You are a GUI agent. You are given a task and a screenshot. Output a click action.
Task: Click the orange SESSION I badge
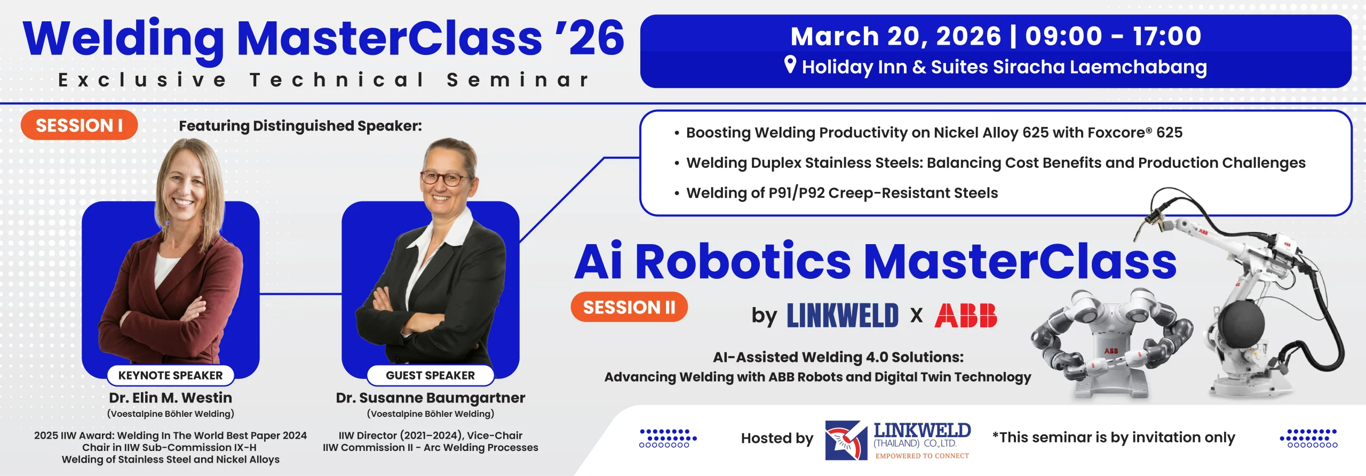tap(79, 125)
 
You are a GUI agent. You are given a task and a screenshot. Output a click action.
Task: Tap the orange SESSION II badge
tap(629, 307)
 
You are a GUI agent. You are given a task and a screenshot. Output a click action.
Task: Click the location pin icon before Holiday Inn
tap(790, 65)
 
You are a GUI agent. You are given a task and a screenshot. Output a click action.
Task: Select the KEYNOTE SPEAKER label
tap(170, 375)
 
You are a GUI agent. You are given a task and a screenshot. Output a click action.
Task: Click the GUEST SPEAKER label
tap(430, 375)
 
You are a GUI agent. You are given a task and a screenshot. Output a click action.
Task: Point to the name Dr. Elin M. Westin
tap(170, 398)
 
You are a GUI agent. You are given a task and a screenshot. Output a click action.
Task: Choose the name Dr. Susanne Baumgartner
tap(430, 398)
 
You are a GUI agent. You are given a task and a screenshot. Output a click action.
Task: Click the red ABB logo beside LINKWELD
tap(965, 315)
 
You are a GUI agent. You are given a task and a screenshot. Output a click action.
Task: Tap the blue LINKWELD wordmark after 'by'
tap(843, 315)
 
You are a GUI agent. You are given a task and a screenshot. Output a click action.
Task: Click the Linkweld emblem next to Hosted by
tap(846, 440)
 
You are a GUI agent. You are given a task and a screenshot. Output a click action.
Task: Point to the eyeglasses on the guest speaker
tap(442, 178)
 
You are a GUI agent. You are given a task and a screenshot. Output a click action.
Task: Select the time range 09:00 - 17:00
tap(1113, 36)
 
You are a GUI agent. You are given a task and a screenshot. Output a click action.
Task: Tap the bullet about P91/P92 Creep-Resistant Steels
tap(841, 193)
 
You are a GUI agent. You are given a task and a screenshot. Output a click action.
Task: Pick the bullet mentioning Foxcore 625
tap(934, 132)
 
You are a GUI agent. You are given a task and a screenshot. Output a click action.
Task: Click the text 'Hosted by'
tap(777, 438)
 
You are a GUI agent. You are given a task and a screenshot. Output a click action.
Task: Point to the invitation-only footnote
tap(1114, 438)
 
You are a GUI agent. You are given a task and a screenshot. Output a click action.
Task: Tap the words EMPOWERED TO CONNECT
tap(922, 456)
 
